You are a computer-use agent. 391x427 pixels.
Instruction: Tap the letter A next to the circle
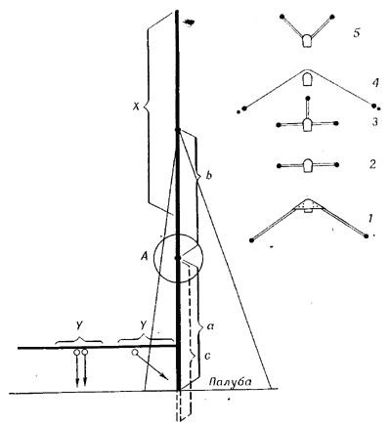click(x=144, y=257)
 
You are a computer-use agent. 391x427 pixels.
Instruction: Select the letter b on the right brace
click(x=209, y=176)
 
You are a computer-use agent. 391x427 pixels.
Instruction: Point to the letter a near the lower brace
click(x=209, y=325)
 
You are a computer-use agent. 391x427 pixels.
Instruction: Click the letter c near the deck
click(x=207, y=356)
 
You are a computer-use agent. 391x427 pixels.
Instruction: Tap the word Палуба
click(x=230, y=381)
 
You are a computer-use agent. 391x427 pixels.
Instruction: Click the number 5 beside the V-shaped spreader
click(x=357, y=33)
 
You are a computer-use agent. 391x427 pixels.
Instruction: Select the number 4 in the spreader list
click(x=375, y=83)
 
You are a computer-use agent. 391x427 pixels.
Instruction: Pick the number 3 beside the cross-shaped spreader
click(x=375, y=122)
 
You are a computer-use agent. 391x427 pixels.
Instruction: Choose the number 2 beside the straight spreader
click(x=372, y=164)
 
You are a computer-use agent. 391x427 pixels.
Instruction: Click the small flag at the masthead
click(x=190, y=22)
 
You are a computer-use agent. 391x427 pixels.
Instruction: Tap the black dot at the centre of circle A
click(x=178, y=258)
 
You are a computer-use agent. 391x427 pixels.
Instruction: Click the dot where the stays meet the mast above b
click(x=178, y=130)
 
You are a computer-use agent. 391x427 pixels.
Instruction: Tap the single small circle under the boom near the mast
click(x=134, y=352)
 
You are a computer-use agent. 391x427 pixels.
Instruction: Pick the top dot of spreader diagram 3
click(x=308, y=98)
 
